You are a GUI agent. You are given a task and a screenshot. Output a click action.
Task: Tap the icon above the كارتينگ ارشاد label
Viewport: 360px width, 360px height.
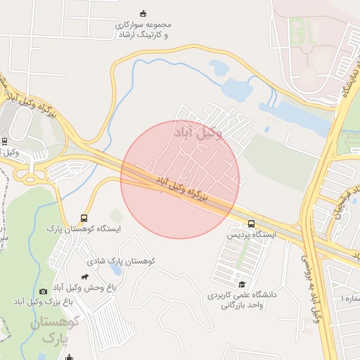coord(143,13)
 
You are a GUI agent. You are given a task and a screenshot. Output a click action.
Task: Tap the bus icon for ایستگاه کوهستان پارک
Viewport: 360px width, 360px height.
coord(84,219)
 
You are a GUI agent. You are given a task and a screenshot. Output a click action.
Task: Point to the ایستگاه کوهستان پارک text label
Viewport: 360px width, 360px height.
coord(84,229)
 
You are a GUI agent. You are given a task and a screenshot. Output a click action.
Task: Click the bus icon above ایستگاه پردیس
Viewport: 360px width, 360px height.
coord(252,224)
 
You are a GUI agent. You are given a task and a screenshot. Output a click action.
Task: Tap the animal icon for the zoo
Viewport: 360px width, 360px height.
coord(86,277)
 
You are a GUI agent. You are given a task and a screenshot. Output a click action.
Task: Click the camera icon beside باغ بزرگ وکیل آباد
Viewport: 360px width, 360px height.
coord(44,291)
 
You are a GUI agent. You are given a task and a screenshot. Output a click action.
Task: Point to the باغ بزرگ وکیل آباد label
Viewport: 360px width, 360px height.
coord(43,302)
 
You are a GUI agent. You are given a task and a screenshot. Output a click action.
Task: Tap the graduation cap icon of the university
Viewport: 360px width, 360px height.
coord(242,284)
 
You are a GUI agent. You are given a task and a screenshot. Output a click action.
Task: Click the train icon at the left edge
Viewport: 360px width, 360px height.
coord(5,140)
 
